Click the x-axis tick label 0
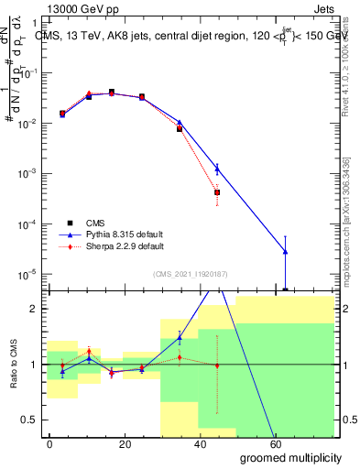point(49,443)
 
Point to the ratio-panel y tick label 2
point(33,309)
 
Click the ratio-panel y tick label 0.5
point(28,420)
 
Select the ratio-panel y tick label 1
point(33,365)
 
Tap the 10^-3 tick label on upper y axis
point(27,173)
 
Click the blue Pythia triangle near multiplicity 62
point(286,251)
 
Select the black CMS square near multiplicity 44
point(217,192)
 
